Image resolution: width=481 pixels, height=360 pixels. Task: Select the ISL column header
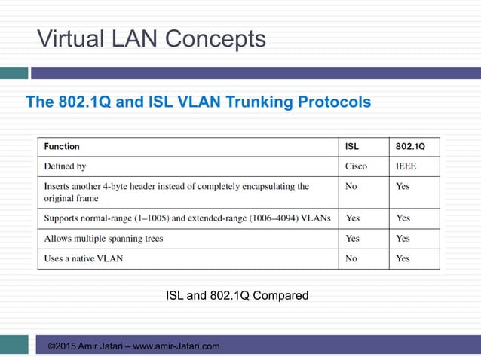tap(352, 146)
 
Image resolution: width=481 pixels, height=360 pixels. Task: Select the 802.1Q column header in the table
tap(410, 146)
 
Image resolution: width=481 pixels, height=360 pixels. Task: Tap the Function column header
tap(62, 146)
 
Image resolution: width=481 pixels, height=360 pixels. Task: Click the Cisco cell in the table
tap(356, 166)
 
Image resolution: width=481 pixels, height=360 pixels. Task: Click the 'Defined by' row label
tap(66, 166)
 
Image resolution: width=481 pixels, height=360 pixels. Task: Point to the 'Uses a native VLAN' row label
tap(84, 258)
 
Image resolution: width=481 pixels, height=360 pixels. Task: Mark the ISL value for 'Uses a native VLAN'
tap(351, 258)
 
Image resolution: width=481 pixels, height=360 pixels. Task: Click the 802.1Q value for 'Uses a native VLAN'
tap(403, 258)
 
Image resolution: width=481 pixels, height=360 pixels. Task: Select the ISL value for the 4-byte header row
tap(351, 186)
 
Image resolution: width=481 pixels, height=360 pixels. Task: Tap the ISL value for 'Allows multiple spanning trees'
tap(352, 239)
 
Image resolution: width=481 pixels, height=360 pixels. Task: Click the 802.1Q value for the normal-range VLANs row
tap(403, 218)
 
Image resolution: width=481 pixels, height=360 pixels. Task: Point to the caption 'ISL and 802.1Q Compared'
tap(237, 295)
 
